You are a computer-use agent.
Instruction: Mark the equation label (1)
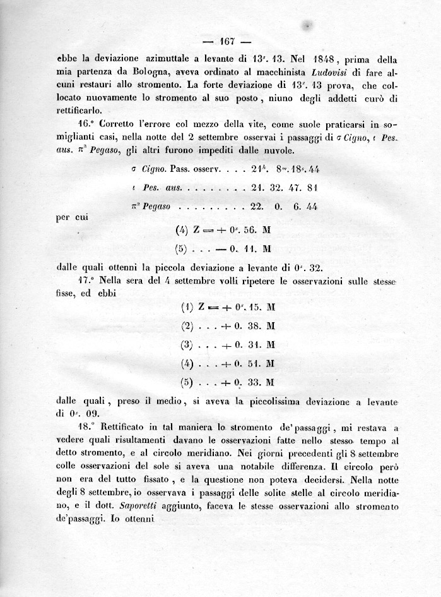(x=185, y=309)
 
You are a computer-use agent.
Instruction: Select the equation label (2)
(x=185, y=327)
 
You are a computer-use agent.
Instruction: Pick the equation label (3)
(x=185, y=346)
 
